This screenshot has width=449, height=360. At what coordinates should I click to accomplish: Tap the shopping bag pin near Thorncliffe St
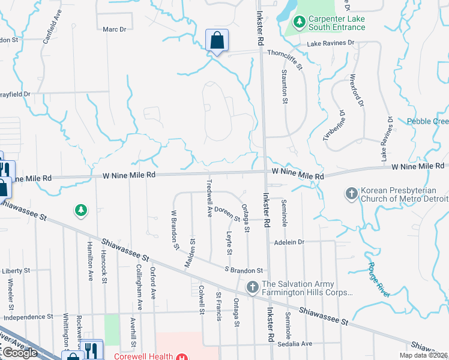[x=216, y=41]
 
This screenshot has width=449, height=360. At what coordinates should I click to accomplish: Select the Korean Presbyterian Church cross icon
[x=351, y=194]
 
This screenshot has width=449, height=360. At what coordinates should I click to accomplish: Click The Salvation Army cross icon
[x=252, y=289]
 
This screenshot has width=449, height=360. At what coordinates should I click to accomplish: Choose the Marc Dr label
[x=114, y=29]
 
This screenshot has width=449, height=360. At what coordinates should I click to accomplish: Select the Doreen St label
[x=228, y=213]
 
